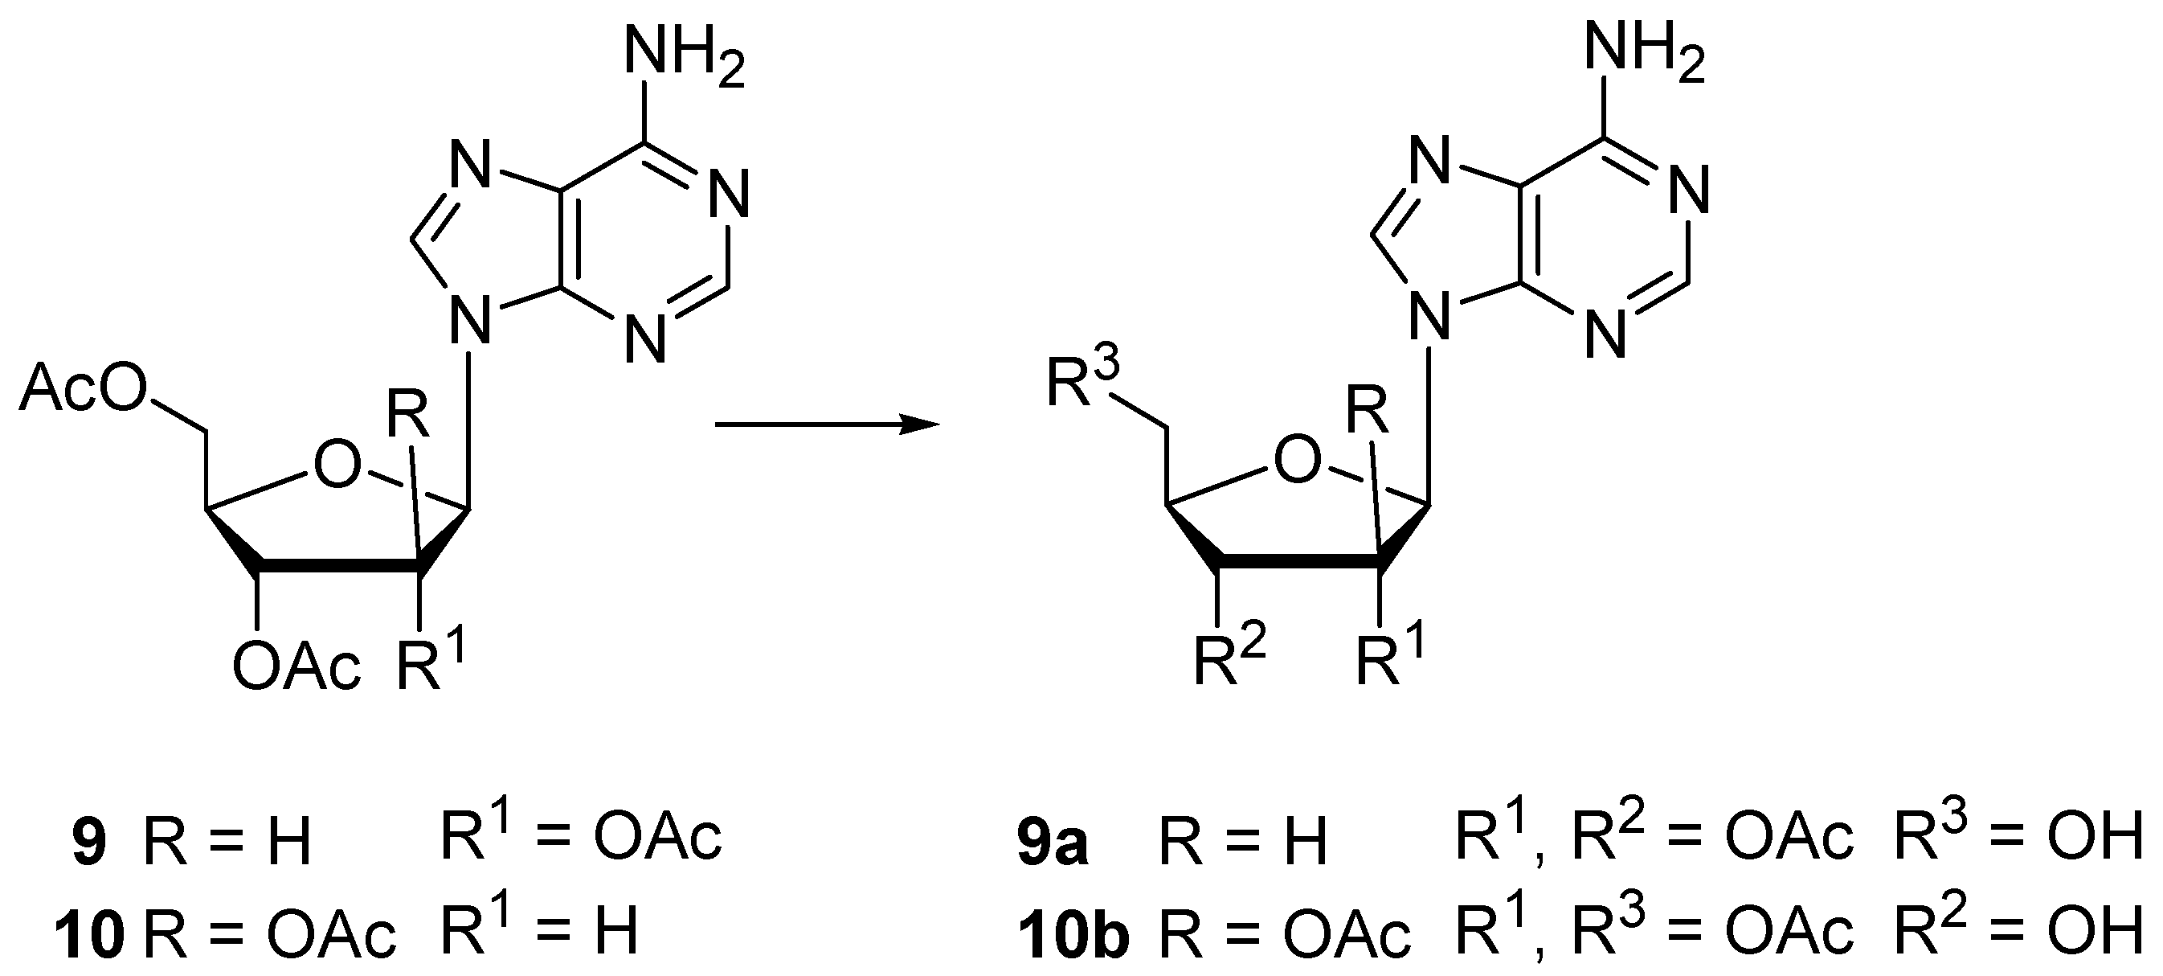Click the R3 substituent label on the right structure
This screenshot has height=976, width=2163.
point(1082,382)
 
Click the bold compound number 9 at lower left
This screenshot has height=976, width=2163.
point(90,844)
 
